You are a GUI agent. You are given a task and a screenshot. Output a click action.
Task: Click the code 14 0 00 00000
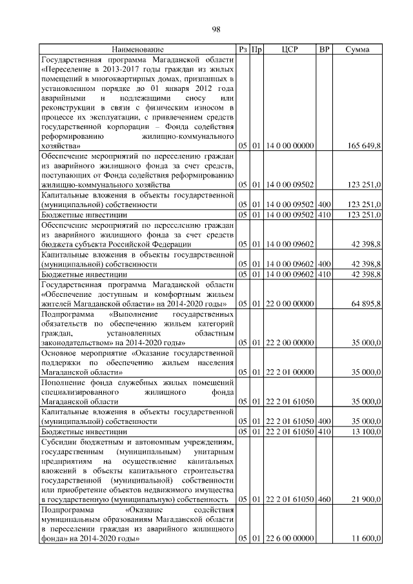[x=290, y=146]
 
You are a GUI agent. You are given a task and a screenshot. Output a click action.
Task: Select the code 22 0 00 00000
[x=290, y=303]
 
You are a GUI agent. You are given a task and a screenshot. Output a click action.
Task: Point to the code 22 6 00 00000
[x=290, y=538]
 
